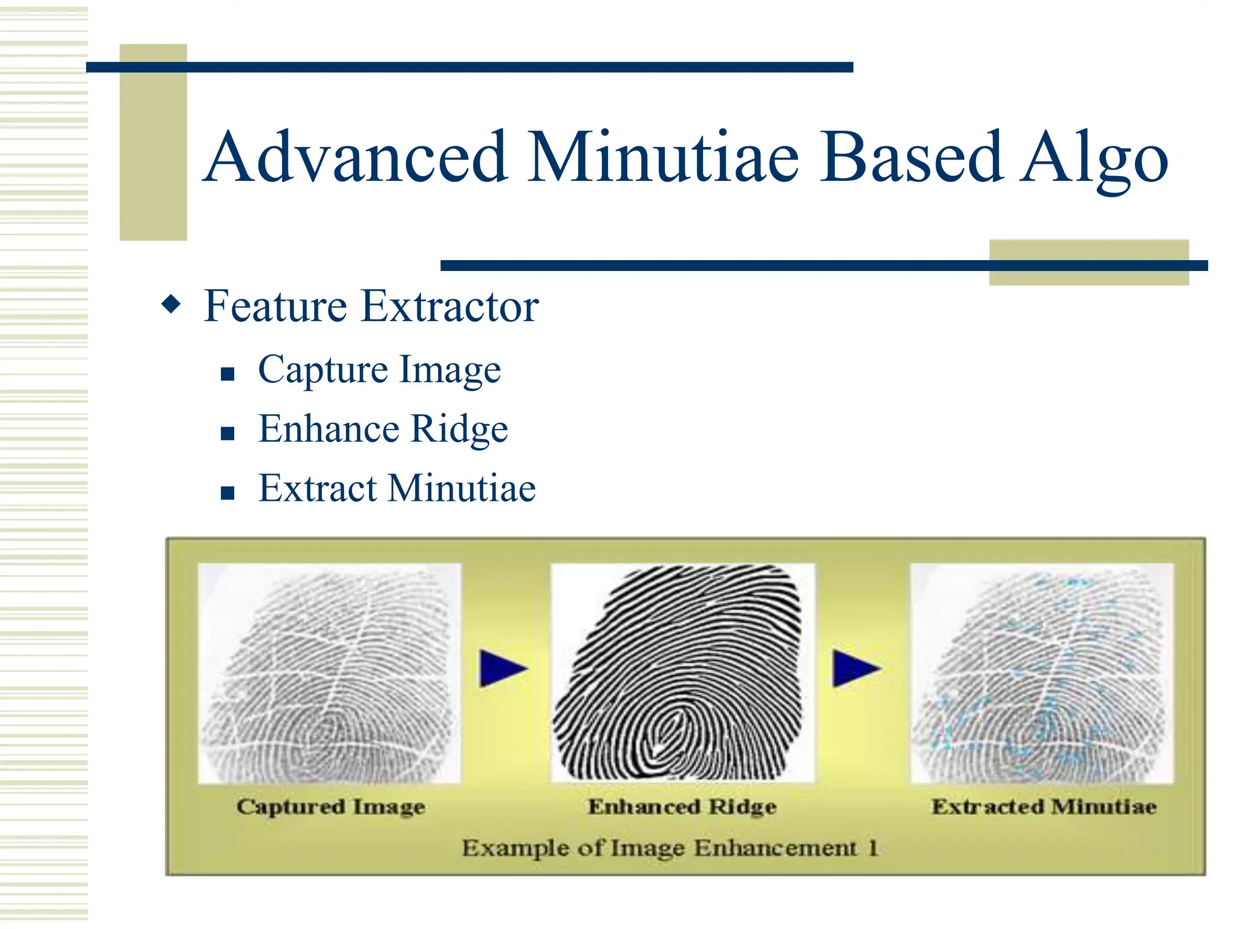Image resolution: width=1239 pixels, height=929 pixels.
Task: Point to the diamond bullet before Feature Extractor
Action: point(171,304)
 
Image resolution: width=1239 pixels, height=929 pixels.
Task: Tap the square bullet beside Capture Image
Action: point(227,374)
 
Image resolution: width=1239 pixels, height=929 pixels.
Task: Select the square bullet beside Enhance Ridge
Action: point(227,434)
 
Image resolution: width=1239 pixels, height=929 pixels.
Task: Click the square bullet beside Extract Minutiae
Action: point(227,493)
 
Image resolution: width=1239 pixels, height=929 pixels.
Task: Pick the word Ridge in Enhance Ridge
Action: point(459,430)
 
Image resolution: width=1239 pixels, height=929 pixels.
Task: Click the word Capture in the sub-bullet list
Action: point(322,370)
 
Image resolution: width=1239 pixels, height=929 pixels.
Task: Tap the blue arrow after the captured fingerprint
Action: point(502,668)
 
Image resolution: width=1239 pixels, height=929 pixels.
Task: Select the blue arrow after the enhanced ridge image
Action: point(855,668)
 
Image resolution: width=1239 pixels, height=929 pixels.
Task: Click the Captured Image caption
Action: point(330,807)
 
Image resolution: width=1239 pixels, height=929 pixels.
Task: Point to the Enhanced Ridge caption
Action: point(682,807)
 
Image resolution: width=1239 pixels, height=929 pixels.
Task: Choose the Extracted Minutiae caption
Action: point(1044,807)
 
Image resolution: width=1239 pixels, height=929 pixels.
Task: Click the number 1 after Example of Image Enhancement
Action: point(872,848)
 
